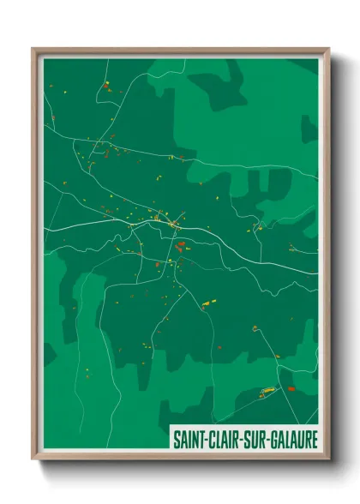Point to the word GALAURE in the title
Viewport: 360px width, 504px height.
(294, 439)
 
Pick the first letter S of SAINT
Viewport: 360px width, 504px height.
(176, 439)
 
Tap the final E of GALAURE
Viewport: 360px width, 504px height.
(315, 439)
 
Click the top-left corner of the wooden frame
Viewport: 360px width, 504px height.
(33, 49)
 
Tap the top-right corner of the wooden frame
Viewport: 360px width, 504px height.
(328, 49)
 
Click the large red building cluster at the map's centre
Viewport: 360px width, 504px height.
(180, 246)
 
